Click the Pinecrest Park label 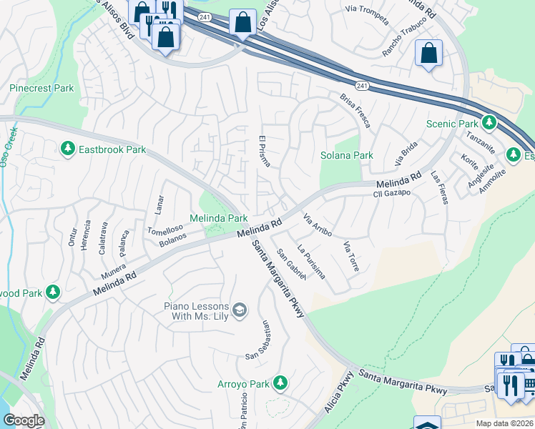tap(41, 89)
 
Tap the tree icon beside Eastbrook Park tap(68, 149)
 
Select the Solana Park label tap(347, 155)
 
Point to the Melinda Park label tap(218, 217)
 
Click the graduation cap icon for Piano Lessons tap(240, 309)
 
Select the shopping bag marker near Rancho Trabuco tap(428, 52)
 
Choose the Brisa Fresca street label tap(355, 111)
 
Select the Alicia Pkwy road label tap(339, 391)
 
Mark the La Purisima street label tap(311, 262)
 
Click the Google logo tap(24, 420)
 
